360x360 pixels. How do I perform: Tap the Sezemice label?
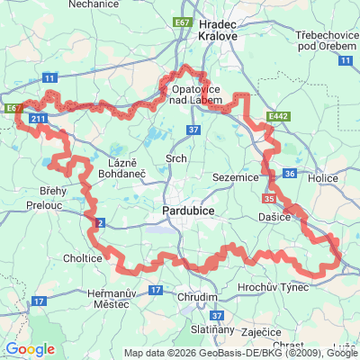pyautogui.click(x=237, y=177)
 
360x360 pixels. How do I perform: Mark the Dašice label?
pyautogui.click(x=277, y=217)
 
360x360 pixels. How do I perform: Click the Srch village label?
pyautogui.click(x=175, y=159)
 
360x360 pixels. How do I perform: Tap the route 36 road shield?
pyautogui.click(x=289, y=173)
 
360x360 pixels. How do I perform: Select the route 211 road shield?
pyautogui.click(x=38, y=117)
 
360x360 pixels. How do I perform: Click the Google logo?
pyautogui.click(x=30, y=348)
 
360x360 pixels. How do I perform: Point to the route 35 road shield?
pyautogui.click(x=269, y=199)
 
